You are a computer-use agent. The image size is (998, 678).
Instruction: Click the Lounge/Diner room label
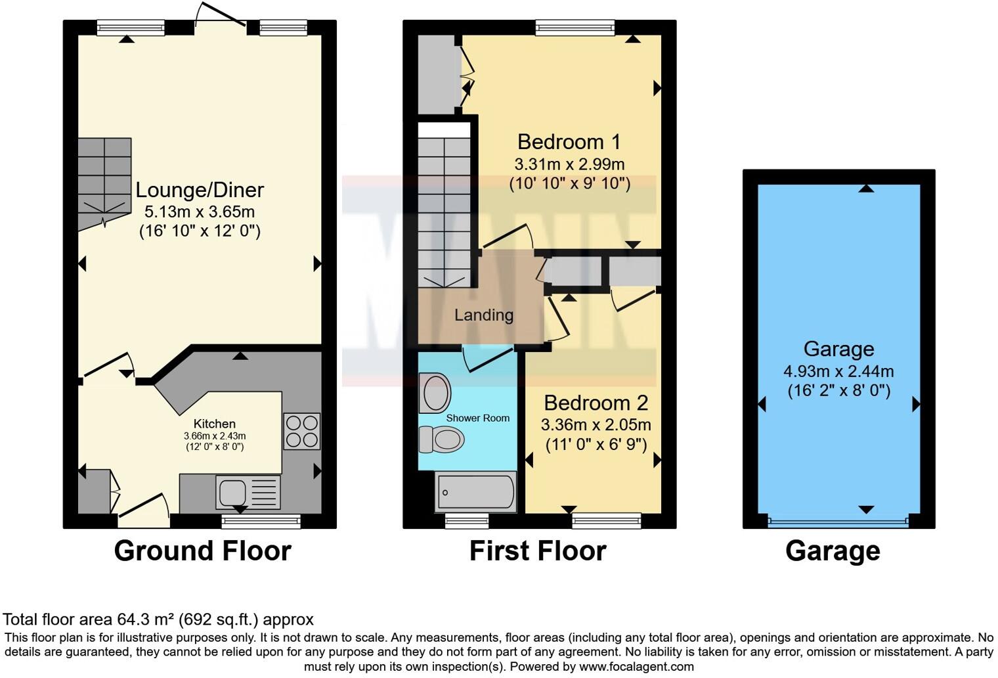(x=200, y=190)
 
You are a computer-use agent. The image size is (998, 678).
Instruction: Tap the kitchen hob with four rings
(x=301, y=431)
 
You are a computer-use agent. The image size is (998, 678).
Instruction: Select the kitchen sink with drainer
(x=248, y=492)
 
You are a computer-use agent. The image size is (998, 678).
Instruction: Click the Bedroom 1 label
(x=569, y=142)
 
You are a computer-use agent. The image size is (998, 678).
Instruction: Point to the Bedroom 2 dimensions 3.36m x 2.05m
(x=596, y=425)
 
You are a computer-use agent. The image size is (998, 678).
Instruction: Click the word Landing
(x=483, y=315)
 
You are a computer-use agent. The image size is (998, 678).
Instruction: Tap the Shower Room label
(x=477, y=418)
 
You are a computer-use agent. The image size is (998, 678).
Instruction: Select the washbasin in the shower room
(x=435, y=394)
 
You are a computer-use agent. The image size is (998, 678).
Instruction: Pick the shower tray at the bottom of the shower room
(x=475, y=492)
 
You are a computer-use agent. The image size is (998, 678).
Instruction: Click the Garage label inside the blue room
(x=838, y=349)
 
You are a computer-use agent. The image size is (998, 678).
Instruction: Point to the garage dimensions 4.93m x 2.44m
(x=838, y=371)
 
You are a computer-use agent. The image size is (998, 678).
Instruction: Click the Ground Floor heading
(x=202, y=551)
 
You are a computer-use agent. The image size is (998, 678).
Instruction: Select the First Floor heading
(x=538, y=551)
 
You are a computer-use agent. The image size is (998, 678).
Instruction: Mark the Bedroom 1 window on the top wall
(x=575, y=27)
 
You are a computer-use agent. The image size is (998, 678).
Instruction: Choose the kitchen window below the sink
(x=261, y=522)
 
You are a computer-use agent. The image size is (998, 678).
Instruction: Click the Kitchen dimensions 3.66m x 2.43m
(x=215, y=436)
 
